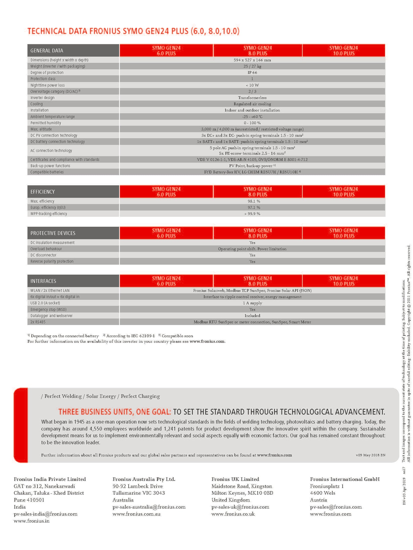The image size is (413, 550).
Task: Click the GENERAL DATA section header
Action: pyautogui.click(x=47, y=51)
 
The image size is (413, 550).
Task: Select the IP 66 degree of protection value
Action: pyautogui.click(x=252, y=73)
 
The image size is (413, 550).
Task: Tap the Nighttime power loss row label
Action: pyautogui.click(x=47, y=85)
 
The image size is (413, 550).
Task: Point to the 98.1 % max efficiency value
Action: pyautogui.click(x=252, y=201)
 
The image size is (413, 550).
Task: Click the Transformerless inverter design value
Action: pyautogui.click(x=252, y=98)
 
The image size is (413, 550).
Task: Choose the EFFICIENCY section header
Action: pyautogui.click(x=43, y=192)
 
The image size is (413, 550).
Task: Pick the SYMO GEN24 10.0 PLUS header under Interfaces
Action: pyautogui.click(x=343, y=281)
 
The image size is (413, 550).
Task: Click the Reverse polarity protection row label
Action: pyautogui.click(x=52, y=261)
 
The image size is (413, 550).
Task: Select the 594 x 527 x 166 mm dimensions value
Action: pyautogui.click(x=252, y=60)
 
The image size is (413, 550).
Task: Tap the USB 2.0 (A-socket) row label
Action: pyautogui.click(x=45, y=303)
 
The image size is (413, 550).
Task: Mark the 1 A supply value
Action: pyautogui.click(x=252, y=303)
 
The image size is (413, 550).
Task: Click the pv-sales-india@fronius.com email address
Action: pyautogui.click(x=45, y=514)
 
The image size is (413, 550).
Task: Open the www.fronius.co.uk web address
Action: pyautogui.click(x=233, y=514)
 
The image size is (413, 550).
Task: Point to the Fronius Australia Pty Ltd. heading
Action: pyautogui.click(x=144, y=479)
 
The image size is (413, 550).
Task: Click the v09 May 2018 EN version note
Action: pyautogui.click(x=370, y=455)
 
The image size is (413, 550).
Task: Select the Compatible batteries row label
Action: pyautogui.click(x=47, y=172)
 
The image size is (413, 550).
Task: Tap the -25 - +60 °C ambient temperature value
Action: pyautogui.click(x=252, y=117)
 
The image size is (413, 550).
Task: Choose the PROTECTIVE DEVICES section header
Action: pyautogui.click(x=53, y=233)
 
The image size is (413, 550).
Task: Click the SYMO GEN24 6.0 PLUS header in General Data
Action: pyautogui.click(x=166, y=51)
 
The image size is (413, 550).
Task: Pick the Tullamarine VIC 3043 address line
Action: pyautogui.click(x=139, y=493)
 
